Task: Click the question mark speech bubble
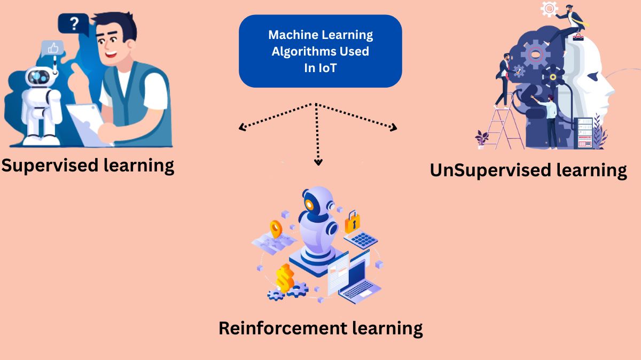click(x=73, y=24)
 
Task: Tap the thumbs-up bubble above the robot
click(x=52, y=49)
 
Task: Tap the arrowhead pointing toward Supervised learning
click(x=242, y=128)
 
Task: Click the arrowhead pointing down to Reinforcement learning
click(x=318, y=162)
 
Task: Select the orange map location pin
click(x=276, y=229)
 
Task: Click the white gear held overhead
click(x=549, y=9)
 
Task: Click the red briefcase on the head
click(x=578, y=36)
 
